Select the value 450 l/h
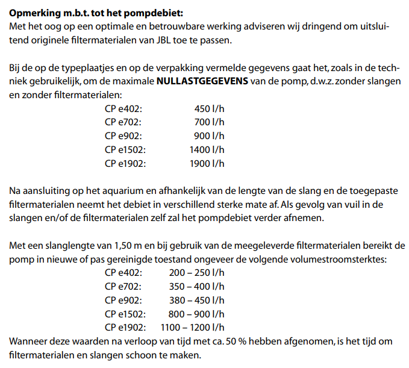pyautogui.click(x=209, y=109)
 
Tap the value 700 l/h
pyautogui.click(x=209, y=122)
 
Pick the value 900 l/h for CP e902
pyautogui.click(x=209, y=136)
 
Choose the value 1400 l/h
pyautogui.click(x=207, y=149)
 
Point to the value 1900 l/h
pyautogui.click(x=207, y=163)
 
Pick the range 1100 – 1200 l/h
pyautogui.click(x=192, y=328)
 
